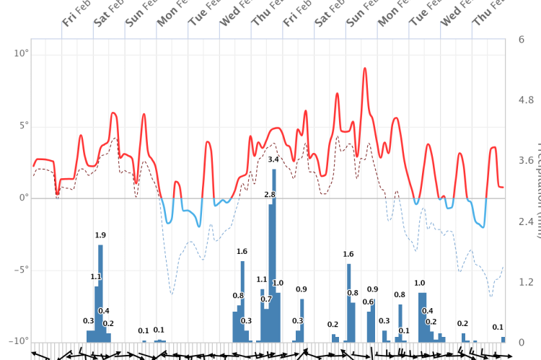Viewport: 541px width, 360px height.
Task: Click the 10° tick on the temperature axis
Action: [x=20, y=53]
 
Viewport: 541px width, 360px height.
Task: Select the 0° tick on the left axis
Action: [x=22, y=198]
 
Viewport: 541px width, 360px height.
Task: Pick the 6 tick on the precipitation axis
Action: [x=521, y=39]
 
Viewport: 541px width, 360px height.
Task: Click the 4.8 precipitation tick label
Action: [x=525, y=100]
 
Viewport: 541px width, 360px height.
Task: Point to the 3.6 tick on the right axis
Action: [x=525, y=160]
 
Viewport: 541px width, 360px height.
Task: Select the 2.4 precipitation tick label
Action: [x=525, y=221]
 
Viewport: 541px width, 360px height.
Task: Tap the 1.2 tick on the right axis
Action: [x=525, y=281]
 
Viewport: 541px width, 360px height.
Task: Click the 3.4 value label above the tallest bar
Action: [x=273, y=159]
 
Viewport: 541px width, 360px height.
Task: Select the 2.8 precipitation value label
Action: [x=270, y=195]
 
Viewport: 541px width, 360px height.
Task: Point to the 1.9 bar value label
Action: [x=100, y=235]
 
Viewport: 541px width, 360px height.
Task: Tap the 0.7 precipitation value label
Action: [x=266, y=299]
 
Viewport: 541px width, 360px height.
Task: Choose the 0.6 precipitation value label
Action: [x=368, y=302]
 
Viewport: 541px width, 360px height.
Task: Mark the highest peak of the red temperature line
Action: [x=365, y=69]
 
